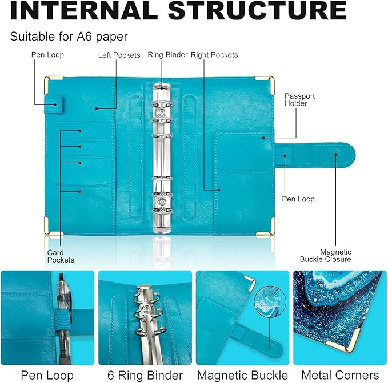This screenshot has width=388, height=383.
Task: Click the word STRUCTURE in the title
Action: pos(257,10)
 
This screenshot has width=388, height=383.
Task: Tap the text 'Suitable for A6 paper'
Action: pos(69,37)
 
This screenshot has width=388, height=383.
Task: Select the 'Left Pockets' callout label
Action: pos(119,55)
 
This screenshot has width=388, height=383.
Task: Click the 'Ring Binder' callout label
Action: pos(167,55)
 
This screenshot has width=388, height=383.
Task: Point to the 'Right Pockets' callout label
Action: pos(214,55)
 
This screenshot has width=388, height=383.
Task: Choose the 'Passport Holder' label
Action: pos(299,99)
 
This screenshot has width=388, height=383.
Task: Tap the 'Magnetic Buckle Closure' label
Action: pos(326,256)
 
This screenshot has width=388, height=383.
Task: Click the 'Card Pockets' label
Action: pos(61,256)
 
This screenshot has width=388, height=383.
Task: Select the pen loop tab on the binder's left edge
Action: pos(54,105)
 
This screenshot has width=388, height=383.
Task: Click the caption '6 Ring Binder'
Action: pos(145,376)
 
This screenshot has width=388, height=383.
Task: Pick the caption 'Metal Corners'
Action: pos(340,375)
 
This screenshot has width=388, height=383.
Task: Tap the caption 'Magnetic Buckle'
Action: pos(242,376)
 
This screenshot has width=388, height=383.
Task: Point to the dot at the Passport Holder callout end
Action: pos(264,138)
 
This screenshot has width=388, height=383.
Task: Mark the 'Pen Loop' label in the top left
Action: pos(47,55)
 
